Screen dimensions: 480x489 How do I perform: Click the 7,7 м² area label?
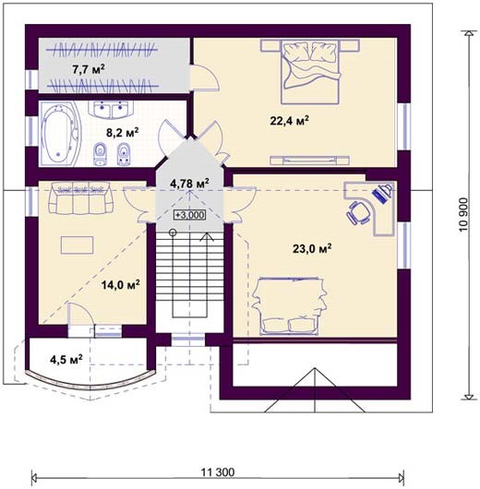(x=89, y=69)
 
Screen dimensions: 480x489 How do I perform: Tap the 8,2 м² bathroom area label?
(x=123, y=132)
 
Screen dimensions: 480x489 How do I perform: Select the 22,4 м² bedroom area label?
(x=290, y=120)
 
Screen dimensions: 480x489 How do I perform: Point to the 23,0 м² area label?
(x=312, y=248)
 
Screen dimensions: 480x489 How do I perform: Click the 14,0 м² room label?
(x=121, y=284)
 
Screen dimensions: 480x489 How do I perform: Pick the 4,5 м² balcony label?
(x=66, y=359)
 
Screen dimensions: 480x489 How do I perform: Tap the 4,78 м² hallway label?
(x=189, y=183)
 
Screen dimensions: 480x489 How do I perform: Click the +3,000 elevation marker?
(x=190, y=215)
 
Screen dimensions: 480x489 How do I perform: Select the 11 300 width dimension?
(x=218, y=471)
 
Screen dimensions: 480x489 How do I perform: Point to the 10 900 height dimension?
(x=463, y=214)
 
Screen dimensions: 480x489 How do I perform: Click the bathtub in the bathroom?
(x=60, y=133)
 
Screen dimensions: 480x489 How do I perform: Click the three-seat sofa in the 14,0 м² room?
(x=80, y=197)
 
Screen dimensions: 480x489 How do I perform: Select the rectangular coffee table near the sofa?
(x=78, y=245)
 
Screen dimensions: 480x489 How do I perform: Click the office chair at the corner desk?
(x=358, y=213)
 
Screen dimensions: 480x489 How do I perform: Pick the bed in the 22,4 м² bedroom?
(x=310, y=72)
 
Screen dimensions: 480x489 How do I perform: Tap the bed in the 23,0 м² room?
(x=289, y=306)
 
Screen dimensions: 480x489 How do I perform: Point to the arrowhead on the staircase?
(x=206, y=237)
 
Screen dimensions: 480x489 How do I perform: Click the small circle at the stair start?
(x=173, y=233)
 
